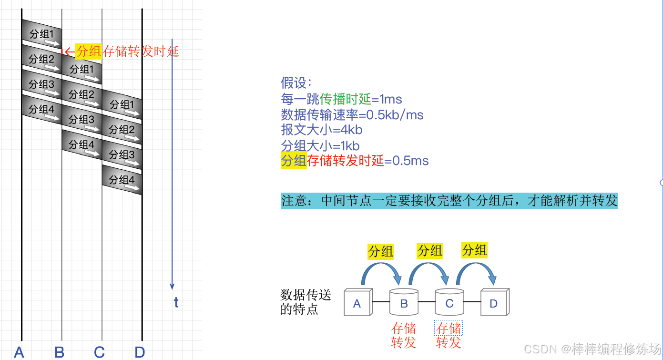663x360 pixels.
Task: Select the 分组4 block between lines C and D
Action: (122, 181)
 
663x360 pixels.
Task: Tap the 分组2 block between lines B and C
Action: (82, 95)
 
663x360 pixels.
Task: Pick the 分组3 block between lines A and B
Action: (41, 85)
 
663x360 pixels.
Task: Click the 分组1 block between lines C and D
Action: (122, 105)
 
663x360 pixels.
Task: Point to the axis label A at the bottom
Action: (19, 352)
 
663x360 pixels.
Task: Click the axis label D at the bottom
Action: (140, 352)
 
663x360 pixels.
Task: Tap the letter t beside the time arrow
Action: (176, 302)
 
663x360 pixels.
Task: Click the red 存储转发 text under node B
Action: (404, 335)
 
